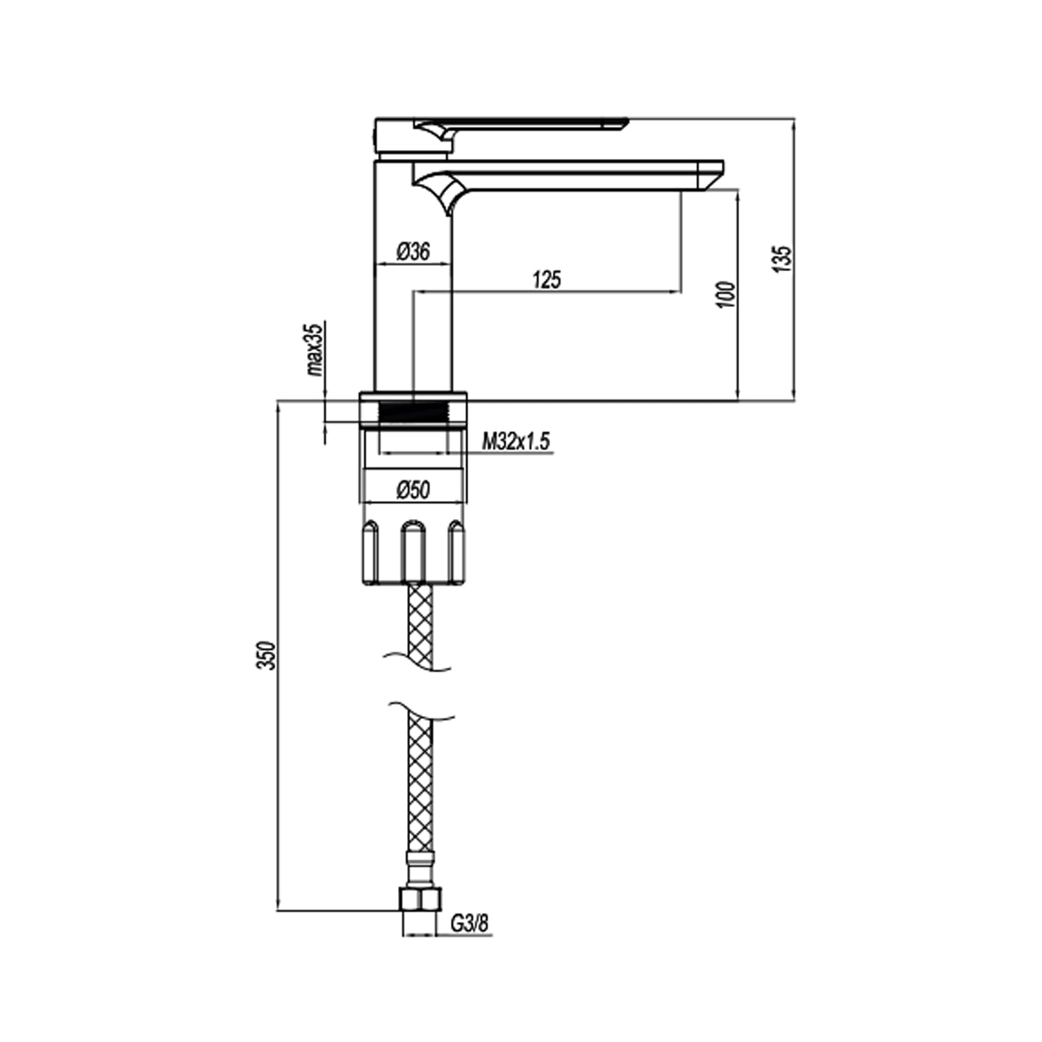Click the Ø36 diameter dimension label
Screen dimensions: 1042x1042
[413, 251]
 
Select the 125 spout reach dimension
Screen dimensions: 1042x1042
[547, 280]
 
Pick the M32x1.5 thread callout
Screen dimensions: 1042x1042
[516, 440]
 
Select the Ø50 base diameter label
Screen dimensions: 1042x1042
[413, 490]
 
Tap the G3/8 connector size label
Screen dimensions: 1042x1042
[470, 924]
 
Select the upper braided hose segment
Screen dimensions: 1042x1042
[420, 622]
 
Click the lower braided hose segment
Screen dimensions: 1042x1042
[420, 785]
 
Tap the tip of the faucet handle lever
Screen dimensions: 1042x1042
[622, 124]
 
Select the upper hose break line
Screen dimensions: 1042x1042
[417, 661]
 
